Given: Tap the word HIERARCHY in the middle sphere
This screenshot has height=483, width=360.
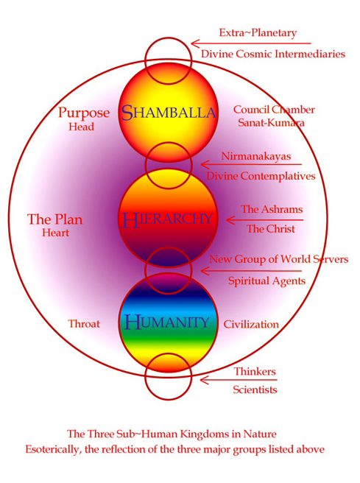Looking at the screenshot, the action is [168, 219].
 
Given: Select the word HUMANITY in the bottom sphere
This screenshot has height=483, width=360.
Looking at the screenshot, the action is [167, 322].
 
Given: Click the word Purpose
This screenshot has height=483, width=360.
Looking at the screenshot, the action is [84, 113].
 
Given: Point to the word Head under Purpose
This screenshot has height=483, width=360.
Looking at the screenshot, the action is [81, 127].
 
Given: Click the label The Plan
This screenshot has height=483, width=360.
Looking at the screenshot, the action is [55, 219].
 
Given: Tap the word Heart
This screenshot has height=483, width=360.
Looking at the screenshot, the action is [55, 233].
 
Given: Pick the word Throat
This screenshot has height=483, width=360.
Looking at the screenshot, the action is [84, 324].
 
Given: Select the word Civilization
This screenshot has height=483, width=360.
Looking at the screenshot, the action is [251, 324].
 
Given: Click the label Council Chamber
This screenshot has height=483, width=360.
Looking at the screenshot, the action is [274, 110].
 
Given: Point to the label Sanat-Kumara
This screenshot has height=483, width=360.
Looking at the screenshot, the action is [272, 123].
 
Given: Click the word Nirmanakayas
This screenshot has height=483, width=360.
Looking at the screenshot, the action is [256, 156].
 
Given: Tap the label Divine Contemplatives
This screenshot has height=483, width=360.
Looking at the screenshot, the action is [261, 176].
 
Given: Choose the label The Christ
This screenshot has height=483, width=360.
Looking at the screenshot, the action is [271, 228].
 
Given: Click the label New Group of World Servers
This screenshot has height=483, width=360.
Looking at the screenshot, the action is [279, 259].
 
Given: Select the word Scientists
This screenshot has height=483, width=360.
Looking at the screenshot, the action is [255, 389].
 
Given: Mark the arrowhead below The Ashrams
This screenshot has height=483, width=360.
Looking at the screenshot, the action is [231, 220].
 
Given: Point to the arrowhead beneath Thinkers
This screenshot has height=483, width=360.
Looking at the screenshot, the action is [205, 380].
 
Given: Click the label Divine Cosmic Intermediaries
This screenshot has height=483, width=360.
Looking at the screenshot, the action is [273, 54].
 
